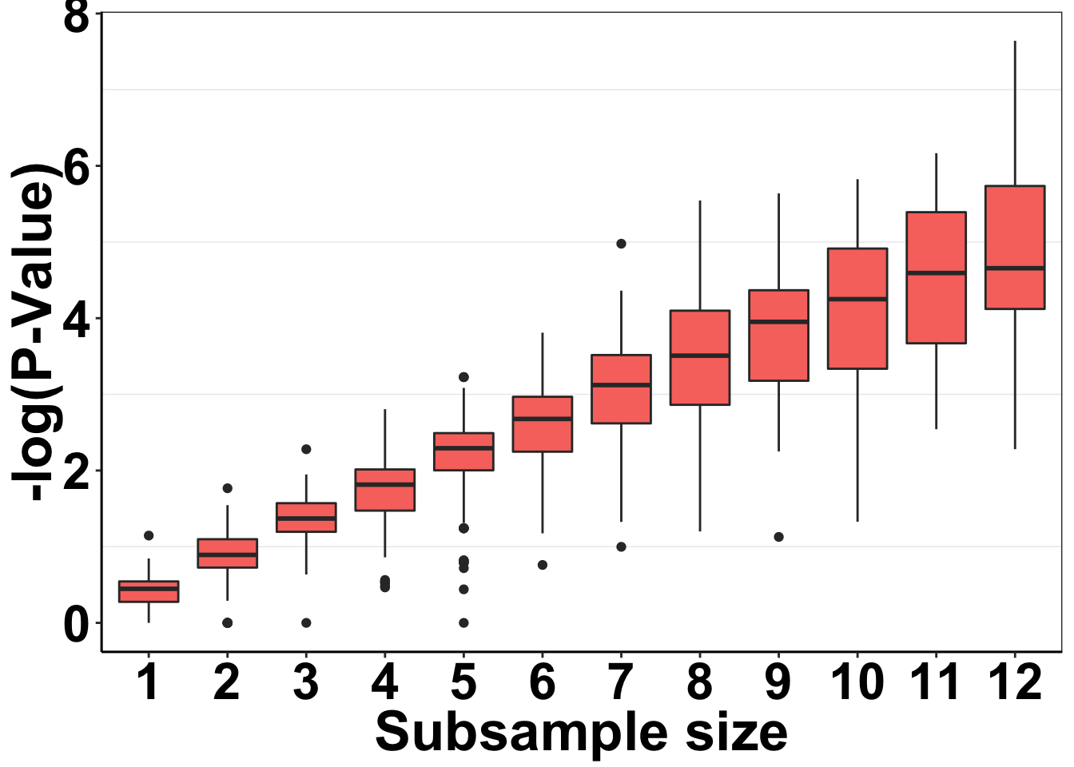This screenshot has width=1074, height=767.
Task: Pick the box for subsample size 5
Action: pos(463,459)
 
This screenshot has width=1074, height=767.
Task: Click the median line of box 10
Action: pos(857,299)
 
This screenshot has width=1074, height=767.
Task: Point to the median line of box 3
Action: pos(306,518)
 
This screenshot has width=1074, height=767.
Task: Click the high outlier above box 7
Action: pos(621,244)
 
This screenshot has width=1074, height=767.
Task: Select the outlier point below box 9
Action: pos(778,537)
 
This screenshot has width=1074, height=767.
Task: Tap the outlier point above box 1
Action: pos(149,535)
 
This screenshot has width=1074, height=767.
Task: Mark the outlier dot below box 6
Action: pos(543,565)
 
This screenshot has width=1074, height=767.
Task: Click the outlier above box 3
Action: pos(306,449)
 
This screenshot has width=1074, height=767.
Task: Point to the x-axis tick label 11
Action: pos(936,683)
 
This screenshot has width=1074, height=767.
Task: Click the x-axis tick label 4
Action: pos(385,683)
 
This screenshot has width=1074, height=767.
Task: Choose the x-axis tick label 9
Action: pos(778,683)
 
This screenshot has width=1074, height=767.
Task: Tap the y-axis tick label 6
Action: pos(76,167)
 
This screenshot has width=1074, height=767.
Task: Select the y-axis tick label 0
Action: pos(76,624)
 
